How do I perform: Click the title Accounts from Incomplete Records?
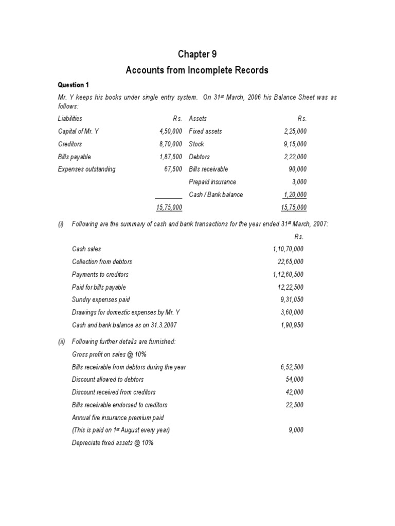pos(197,70)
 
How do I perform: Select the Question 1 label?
pos(73,85)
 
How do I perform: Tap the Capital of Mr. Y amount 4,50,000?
pos(170,131)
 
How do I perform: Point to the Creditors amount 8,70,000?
pos(170,144)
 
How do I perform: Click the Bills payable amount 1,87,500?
pos(170,157)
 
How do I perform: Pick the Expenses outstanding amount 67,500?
pos(173,169)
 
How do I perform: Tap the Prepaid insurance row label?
pos(212,182)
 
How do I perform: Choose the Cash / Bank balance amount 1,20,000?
pos(295,195)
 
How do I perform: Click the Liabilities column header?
pos(70,118)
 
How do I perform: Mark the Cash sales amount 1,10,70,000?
pos(288,249)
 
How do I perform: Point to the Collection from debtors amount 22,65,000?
pos(291,262)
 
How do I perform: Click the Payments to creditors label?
pos(100,274)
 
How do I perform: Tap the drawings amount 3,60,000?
pos(292,312)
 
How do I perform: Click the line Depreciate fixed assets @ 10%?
pos(113,443)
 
